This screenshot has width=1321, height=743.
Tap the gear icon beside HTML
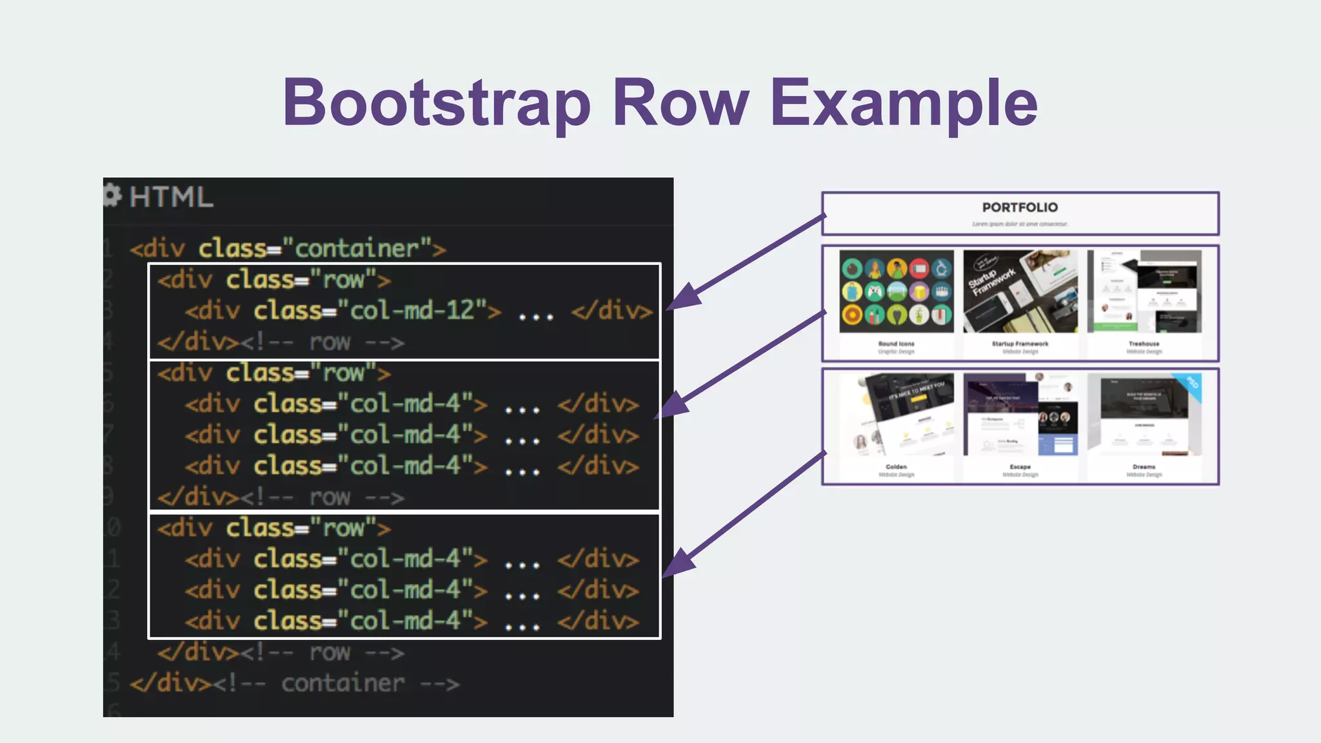(112, 195)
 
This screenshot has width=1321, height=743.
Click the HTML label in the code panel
(171, 197)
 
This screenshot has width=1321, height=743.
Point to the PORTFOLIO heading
(1020, 208)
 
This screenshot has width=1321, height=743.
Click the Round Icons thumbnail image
(896, 292)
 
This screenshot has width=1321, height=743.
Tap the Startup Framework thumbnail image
(1020, 292)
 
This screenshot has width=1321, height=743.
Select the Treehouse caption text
(1144, 344)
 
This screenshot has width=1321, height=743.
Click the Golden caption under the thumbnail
(896, 466)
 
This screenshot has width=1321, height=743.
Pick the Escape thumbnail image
(1020, 415)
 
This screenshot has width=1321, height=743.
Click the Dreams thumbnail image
(1144, 415)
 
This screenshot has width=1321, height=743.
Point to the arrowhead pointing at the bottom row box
(679, 563)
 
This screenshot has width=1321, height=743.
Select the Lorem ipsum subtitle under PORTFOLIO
(1020, 224)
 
